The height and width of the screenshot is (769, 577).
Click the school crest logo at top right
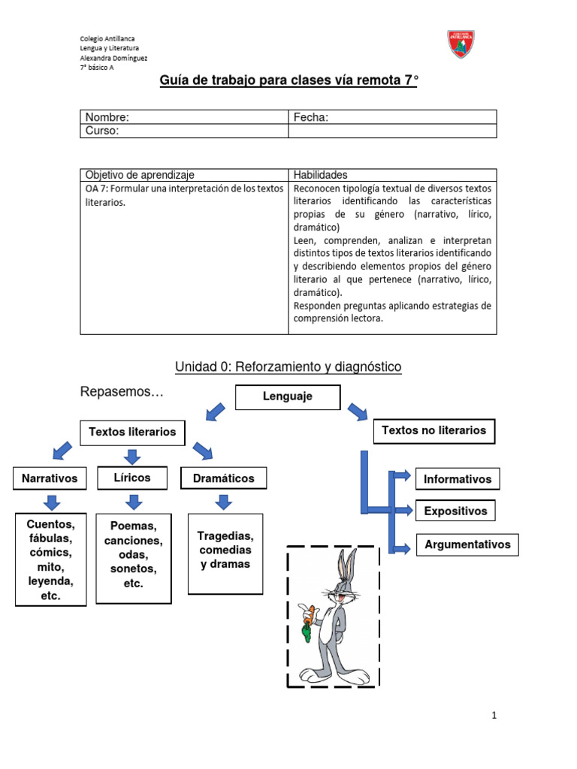pyautogui.click(x=461, y=44)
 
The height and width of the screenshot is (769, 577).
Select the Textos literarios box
pyautogui.click(x=132, y=432)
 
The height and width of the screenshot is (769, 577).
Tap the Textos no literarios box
pyautogui.click(x=434, y=430)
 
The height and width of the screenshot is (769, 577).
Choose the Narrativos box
pyautogui.click(x=49, y=478)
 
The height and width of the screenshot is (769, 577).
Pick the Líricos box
pyautogui.click(x=132, y=478)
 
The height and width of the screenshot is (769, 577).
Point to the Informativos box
pyautogui.click(x=457, y=479)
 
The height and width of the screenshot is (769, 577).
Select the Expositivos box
pyautogui.click(x=455, y=511)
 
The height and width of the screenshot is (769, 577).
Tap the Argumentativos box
pyautogui.click(x=467, y=544)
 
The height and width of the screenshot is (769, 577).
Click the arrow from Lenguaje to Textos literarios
pyautogui.click(x=216, y=412)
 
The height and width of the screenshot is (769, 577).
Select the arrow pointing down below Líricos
pyautogui.click(x=133, y=502)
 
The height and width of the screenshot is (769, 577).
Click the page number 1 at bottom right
pyautogui.click(x=494, y=716)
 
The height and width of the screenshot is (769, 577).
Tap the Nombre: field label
pyautogui.click(x=107, y=117)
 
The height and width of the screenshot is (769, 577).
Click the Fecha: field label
pyautogui.click(x=311, y=117)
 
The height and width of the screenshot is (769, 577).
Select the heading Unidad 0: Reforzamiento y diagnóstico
pyautogui.click(x=288, y=366)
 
